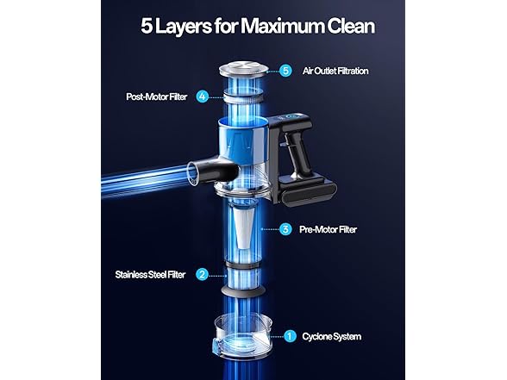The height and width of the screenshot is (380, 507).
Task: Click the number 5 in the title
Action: point(147,27)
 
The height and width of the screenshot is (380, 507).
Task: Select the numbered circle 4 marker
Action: point(202,97)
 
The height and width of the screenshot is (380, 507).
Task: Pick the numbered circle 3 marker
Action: point(286,229)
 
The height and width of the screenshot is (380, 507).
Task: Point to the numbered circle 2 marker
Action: point(201,275)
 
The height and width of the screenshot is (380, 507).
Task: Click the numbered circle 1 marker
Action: point(290,336)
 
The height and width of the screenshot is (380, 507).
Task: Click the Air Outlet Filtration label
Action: point(335,71)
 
